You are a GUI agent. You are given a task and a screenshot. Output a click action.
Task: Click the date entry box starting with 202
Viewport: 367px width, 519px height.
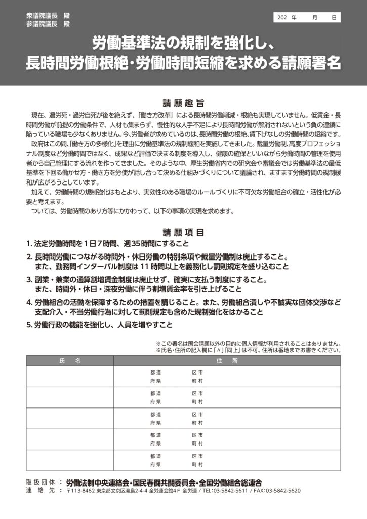tap(307, 17)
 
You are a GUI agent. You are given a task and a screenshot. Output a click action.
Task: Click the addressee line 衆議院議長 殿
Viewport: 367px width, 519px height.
tap(48, 15)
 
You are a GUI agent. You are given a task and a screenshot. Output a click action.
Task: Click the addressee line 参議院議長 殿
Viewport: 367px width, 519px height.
tap(48, 24)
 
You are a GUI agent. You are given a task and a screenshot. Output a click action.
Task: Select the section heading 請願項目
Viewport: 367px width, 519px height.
tap(183, 233)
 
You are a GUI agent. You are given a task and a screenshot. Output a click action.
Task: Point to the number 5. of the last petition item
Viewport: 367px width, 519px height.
tap(30, 325)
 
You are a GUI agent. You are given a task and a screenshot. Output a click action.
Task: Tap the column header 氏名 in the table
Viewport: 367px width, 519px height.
tap(70, 361)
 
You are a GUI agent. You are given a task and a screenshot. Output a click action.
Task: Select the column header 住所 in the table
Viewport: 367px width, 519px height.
tap(227, 361)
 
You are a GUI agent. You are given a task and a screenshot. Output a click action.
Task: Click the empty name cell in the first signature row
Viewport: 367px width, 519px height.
tap(70, 377)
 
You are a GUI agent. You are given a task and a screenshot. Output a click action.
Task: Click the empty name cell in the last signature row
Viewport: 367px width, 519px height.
tap(70, 460)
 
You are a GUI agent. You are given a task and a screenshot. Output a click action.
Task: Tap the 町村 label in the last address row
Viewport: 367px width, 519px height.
tap(197, 464)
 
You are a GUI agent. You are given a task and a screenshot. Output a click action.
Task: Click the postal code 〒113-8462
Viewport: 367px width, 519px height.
tap(80, 491)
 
